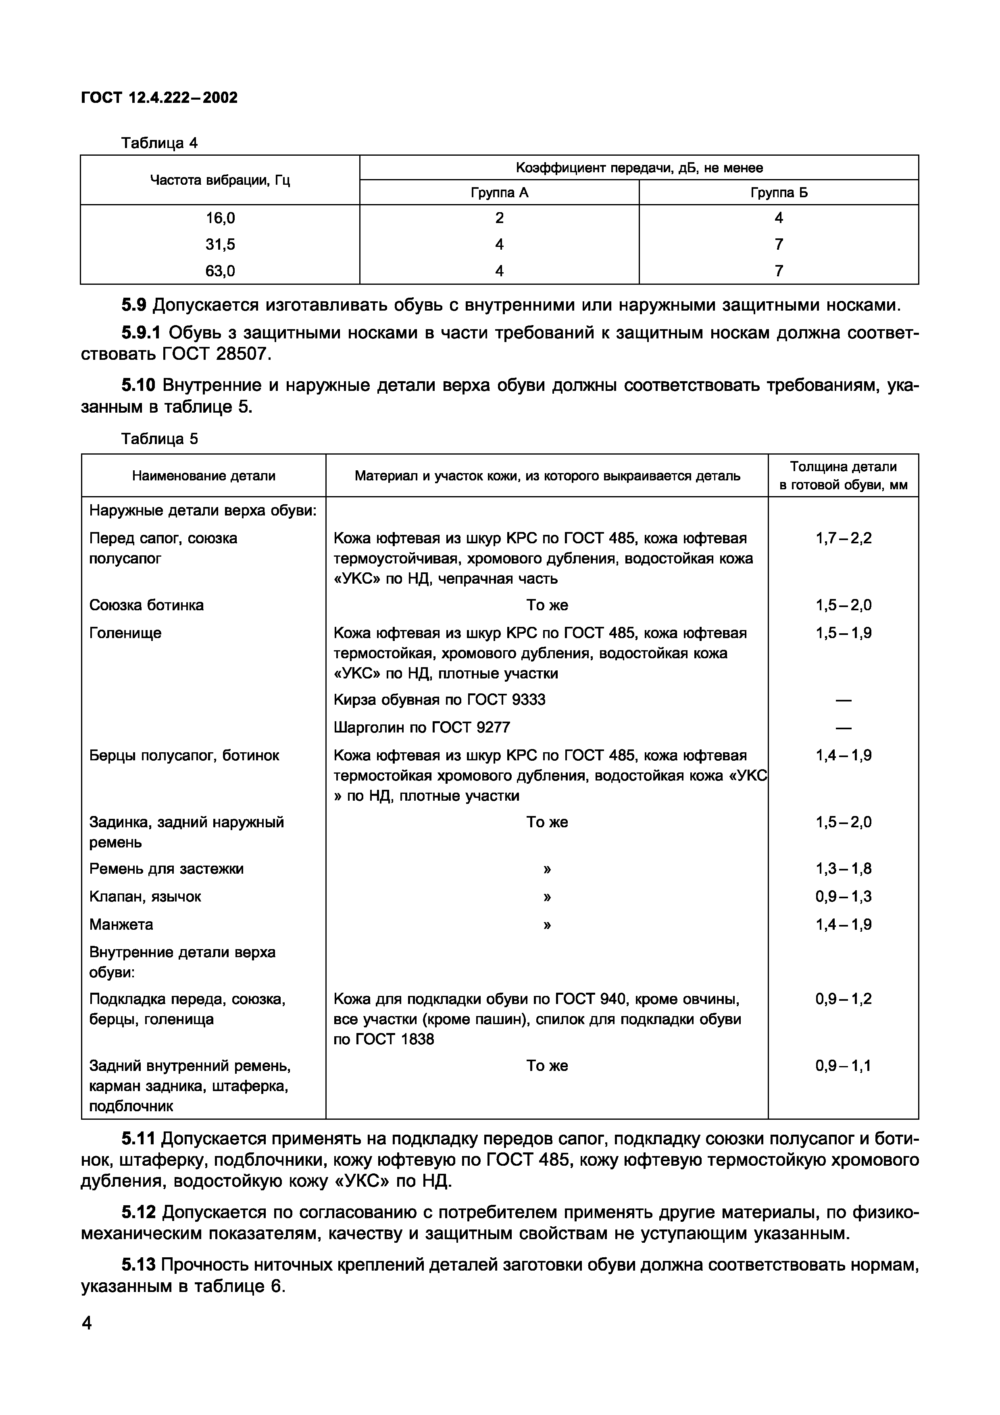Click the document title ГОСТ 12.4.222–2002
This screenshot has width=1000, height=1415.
(x=159, y=97)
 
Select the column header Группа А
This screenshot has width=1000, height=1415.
(x=499, y=192)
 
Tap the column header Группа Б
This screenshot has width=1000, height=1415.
(x=779, y=192)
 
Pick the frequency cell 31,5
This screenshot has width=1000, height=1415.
(x=220, y=245)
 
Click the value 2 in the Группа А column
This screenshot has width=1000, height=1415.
(x=499, y=217)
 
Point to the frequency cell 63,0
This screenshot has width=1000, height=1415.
(x=220, y=271)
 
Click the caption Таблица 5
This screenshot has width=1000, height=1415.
(x=160, y=439)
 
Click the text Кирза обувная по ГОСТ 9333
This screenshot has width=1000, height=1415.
(x=439, y=699)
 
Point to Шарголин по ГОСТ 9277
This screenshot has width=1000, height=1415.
(x=421, y=727)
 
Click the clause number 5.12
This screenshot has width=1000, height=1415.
(x=139, y=1212)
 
